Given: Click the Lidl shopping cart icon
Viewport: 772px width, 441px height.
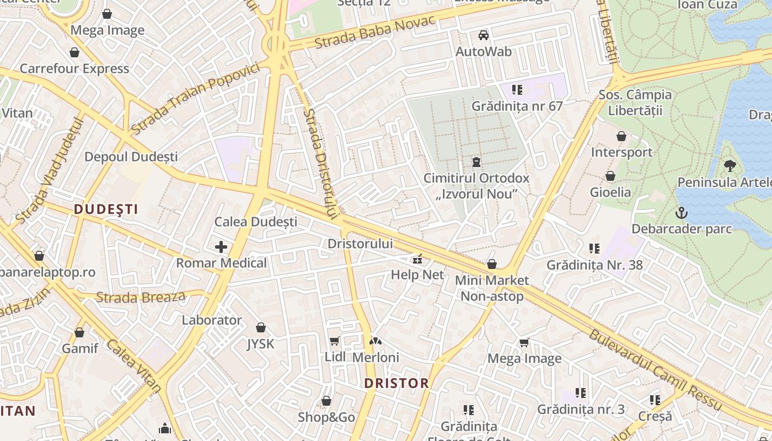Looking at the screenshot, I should click(334, 341).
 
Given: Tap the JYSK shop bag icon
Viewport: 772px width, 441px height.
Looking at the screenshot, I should click(261, 328).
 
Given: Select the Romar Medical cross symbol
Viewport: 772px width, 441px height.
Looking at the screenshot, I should click(221, 246).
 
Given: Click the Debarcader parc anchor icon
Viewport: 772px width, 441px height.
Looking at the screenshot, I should click(682, 213).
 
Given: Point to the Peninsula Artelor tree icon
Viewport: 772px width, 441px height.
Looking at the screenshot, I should click(730, 165).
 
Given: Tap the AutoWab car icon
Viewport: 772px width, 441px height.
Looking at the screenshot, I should click(484, 35).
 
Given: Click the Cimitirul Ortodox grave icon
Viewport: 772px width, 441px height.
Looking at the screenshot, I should click(476, 162).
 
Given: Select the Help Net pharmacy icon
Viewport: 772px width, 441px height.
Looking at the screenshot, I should click(417, 259).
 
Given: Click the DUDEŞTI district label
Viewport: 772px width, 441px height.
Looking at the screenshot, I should click(106, 209).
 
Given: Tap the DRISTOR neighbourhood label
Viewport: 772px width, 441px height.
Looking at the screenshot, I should click(396, 383).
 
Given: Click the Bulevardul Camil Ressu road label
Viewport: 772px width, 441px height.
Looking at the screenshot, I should click(655, 370).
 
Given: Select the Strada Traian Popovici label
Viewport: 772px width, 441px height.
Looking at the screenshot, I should click(195, 98).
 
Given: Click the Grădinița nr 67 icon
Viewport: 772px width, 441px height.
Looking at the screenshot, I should click(517, 89).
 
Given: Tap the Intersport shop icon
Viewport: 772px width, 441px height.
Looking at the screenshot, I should click(621, 136).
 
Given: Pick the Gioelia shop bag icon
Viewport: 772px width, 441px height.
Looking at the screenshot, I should click(610, 176).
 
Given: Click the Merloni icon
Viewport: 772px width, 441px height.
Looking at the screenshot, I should click(375, 342).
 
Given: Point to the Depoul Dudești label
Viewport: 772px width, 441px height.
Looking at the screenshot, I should click(131, 157).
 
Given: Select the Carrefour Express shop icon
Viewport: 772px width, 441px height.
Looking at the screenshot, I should click(74, 53).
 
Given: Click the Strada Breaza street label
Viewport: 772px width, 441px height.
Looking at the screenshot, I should click(141, 297).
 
